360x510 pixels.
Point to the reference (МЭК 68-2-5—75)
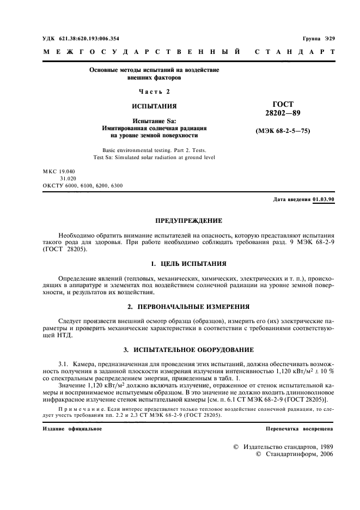(x=283, y=131)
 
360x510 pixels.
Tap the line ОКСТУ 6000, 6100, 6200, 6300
(x=82, y=185)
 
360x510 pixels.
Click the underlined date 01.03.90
(x=324, y=199)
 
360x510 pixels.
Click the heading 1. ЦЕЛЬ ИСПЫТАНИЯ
(x=189, y=264)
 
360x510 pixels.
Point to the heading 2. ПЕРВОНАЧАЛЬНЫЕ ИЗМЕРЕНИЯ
(x=189, y=307)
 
